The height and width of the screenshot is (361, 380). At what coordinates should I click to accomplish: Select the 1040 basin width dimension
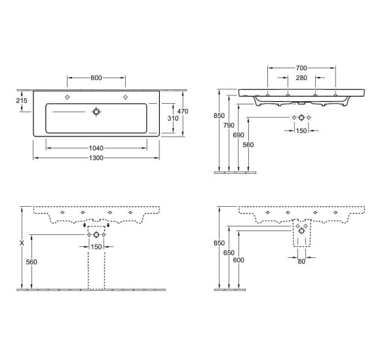96,148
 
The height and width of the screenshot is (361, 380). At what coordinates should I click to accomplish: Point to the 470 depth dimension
183,112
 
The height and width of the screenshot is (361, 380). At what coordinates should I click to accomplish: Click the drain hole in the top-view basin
96,112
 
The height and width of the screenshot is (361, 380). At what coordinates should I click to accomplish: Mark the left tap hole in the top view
67,97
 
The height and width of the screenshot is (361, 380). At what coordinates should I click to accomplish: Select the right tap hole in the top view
125,97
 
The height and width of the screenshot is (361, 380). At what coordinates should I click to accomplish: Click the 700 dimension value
301,68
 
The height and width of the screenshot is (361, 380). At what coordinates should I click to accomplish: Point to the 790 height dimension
229,125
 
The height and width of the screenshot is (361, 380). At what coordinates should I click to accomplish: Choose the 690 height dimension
240,134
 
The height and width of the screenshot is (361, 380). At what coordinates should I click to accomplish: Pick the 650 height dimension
229,253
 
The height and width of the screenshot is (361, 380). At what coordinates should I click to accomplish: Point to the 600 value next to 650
240,261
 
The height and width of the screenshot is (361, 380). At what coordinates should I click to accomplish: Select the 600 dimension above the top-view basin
96,78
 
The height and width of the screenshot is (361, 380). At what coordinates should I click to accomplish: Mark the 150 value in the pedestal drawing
96,247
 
